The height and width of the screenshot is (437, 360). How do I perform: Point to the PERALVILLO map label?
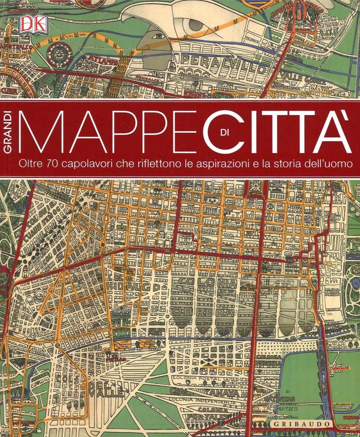(219, 61)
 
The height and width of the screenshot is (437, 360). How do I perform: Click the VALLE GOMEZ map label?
(305, 77)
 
